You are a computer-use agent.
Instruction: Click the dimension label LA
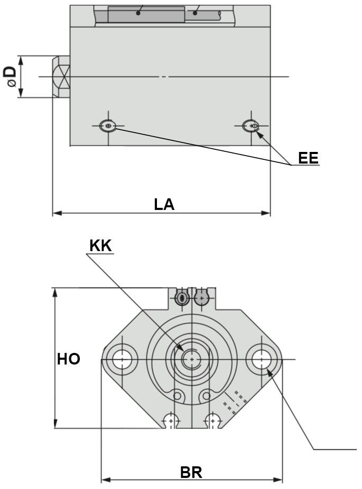[164, 204]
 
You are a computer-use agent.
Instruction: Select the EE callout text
[308, 158]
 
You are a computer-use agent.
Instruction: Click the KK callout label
[100, 246]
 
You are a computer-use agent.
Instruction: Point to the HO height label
[69, 359]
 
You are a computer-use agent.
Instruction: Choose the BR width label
[191, 472]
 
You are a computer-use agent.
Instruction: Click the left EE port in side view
[108, 126]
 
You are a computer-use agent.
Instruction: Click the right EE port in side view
[252, 126]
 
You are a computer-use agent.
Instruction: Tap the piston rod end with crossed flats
[61, 77]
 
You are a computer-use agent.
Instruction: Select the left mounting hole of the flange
[122, 359]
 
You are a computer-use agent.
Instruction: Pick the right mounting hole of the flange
[261, 359]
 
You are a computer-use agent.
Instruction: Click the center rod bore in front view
[191, 359]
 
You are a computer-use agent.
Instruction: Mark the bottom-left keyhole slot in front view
[170, 420]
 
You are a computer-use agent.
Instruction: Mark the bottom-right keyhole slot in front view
[212, 420]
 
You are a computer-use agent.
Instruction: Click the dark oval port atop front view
[182, 299]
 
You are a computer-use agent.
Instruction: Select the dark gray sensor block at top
[146, 14]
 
